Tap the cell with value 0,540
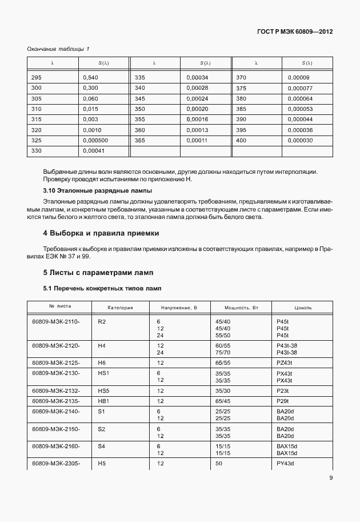pos(90,78)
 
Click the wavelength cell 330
pos(37,150)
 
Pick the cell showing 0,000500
pos(95,140)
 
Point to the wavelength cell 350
pos(139,109)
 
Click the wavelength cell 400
pos(241,140)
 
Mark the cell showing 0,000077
pos(300,88)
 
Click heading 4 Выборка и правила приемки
pos(101,233)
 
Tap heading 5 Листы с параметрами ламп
pos(98,272)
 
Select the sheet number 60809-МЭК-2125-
pos(56,363)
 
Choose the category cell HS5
pos(103,391)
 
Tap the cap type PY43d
pos(285,463)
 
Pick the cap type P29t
pos(282,401)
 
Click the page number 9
pos(331,479)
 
